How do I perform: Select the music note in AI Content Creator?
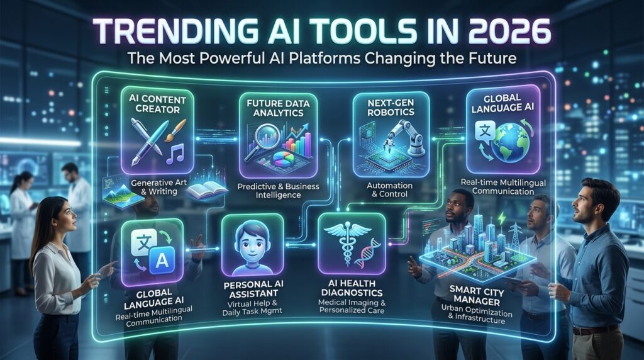pyautogui.click(x=175, y=154)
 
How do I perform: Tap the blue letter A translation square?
pyautogui.click(x=162, y=260)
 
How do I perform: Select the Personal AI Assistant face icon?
pyautogui.click(x=252, y=247)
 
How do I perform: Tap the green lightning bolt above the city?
pyautogui.click(x=501, y=218)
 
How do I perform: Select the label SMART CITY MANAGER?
pyautogui.click(x=477, y=296)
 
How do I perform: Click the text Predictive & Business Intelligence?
pyautogui.click(x=278, y=191)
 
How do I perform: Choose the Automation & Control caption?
pyautogui.click(x=389, y=190)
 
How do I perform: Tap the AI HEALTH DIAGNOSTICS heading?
pyautogui.click(x=352, y=288)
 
